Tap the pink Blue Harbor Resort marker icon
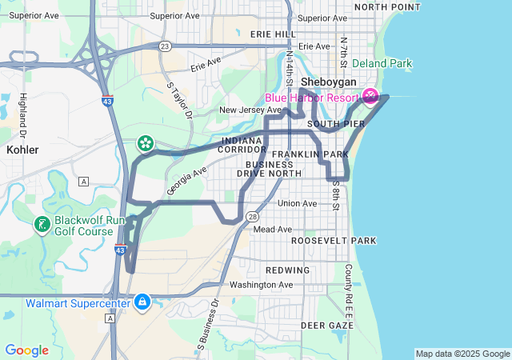[370, 97]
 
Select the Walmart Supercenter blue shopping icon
[142, 302]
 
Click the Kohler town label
[22, 149]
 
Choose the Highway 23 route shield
[163, 46]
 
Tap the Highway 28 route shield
[252, 216]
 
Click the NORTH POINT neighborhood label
[386, 6]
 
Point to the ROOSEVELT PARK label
[333, 240]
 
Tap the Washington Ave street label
[261, 284]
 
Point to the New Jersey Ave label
[250, 110]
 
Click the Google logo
[26, 350]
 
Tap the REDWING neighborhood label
[287, 270]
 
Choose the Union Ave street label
[297, 203]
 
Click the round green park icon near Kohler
[146, 143]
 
